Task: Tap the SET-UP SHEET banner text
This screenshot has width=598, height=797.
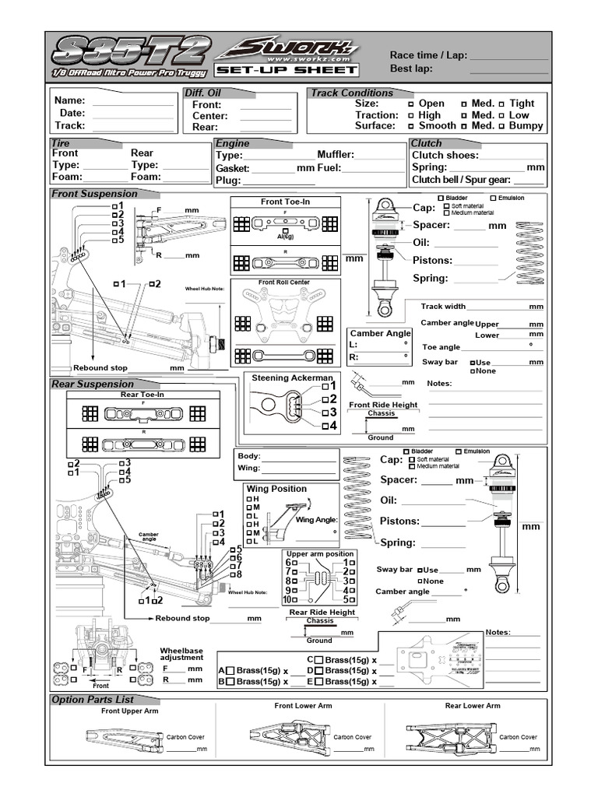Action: tap(287, 70)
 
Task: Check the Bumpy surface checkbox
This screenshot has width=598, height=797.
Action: tap(502, 126)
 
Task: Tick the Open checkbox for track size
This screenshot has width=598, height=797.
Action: tap(411, 104)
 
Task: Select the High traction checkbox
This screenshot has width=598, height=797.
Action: tap(411, 115)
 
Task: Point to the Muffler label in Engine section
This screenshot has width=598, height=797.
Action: tap(336, 155)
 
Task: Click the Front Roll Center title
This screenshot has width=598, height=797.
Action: tap(284, 283)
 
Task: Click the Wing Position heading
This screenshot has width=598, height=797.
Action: tap(276, 489)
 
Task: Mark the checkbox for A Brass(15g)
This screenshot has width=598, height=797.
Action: tap(231, 671)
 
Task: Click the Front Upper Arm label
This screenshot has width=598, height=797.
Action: tap(130, 711)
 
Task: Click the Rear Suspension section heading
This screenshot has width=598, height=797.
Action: tap(93, 384)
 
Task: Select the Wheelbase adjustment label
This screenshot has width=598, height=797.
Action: tap(181, 654)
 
